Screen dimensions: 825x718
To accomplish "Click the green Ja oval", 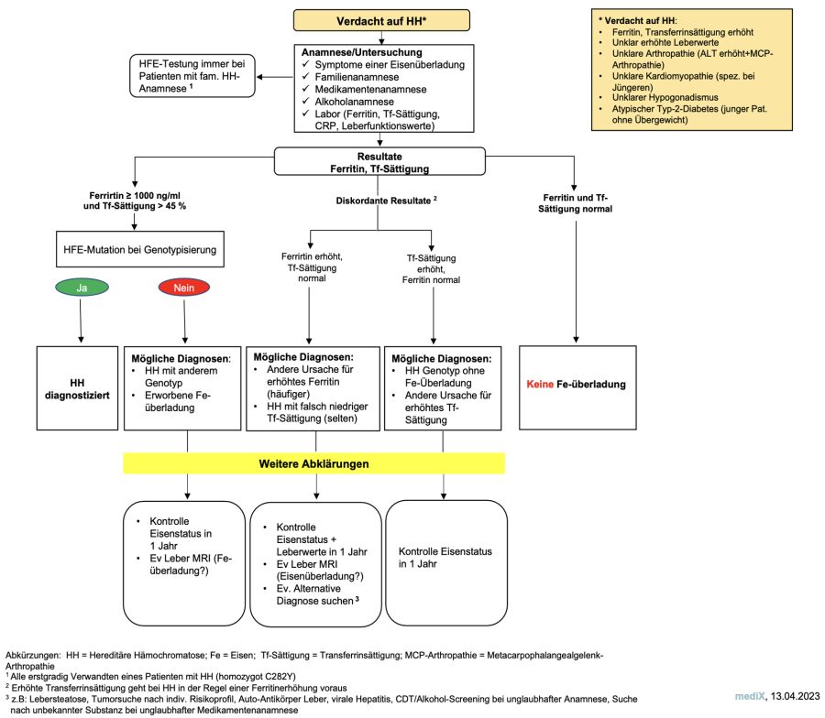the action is [82, 288].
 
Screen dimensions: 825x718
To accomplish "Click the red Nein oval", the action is [184, 288].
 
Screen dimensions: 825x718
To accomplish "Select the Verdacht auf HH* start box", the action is [381, 21].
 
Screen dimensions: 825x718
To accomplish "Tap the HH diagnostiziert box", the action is [77, 388].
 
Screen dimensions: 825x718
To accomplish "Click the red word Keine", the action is [540, 385].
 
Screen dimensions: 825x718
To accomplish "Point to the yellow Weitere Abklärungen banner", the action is [314, 463].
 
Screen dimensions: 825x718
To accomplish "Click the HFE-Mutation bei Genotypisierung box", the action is [140, 249].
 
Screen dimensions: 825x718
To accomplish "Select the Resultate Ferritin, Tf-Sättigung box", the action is [379, 162].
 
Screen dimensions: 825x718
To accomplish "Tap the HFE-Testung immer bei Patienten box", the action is [192, 76].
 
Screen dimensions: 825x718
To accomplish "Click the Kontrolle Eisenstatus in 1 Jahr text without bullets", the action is [445, 558].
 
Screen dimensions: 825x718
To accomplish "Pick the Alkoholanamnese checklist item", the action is [354, 102].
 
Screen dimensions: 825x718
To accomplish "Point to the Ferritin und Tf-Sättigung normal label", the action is [575, 203].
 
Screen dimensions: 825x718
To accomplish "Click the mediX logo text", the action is [750, 696].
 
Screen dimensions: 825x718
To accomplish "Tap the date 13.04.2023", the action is [795, 696].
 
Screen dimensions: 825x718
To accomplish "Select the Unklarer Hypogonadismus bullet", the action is [665, 97].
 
